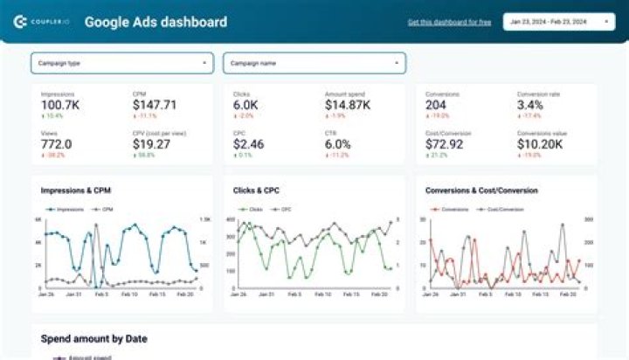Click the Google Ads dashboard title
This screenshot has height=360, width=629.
pos(156,22)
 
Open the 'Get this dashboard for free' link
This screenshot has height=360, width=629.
pos(449,22)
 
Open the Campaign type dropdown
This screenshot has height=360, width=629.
pos(122,63)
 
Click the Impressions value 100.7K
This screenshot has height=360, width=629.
pos(62,105)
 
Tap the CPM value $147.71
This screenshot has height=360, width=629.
pos(155,105)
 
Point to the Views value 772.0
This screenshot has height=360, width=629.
pos(57,144)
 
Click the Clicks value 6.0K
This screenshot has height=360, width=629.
pos(245,105)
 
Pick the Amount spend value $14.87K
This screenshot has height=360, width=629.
pos(348,105)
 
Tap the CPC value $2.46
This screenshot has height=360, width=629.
pos(249,144)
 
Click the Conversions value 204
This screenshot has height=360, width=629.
pos(437,105)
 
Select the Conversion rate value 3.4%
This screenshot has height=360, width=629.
pos(530,105)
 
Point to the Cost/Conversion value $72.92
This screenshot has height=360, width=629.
pos(446,144)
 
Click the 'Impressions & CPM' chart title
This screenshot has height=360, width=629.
pos(76,190)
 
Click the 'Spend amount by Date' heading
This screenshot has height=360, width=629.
pos(94,338)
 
